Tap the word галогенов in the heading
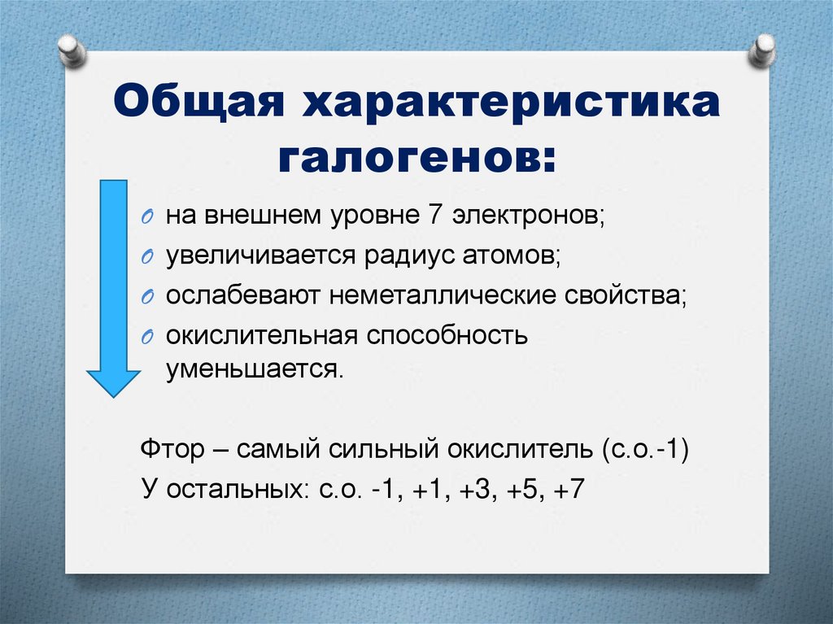[415, 156]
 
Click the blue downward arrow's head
[113, 381]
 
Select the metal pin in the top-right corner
[763, 50]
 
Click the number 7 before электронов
[433, 217]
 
